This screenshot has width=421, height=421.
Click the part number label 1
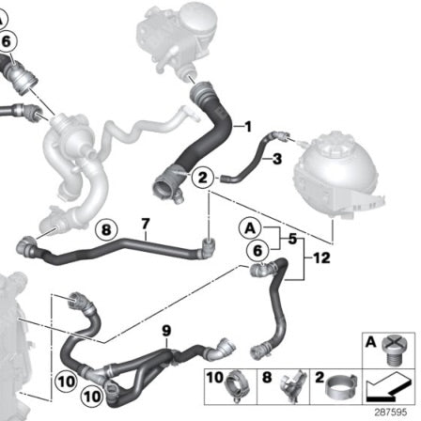coord(248,127)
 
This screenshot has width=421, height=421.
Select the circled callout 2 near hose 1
coord(203,178)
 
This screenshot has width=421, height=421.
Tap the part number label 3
coord(277,159)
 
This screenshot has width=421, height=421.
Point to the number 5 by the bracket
coord(292,239)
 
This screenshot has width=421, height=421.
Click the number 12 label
coord(321,258)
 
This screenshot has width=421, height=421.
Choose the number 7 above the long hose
coord(146,225)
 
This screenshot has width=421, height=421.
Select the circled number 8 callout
coord(106,230)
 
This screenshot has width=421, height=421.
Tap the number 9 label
coord(166,331)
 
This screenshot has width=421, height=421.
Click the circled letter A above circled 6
coord(250,228)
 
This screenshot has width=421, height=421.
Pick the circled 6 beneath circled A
coord(257,251)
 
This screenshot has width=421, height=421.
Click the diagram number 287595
coord(391,412)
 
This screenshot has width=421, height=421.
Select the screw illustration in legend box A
coord(394,350)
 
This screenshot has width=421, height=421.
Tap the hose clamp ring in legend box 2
coord(340,387)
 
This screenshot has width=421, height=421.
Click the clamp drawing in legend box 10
coord(237,386)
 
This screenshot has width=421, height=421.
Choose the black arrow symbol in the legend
coord(388,388)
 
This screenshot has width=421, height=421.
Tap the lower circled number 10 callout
coord(92,397)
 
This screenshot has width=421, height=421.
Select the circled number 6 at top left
coord(7,41)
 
